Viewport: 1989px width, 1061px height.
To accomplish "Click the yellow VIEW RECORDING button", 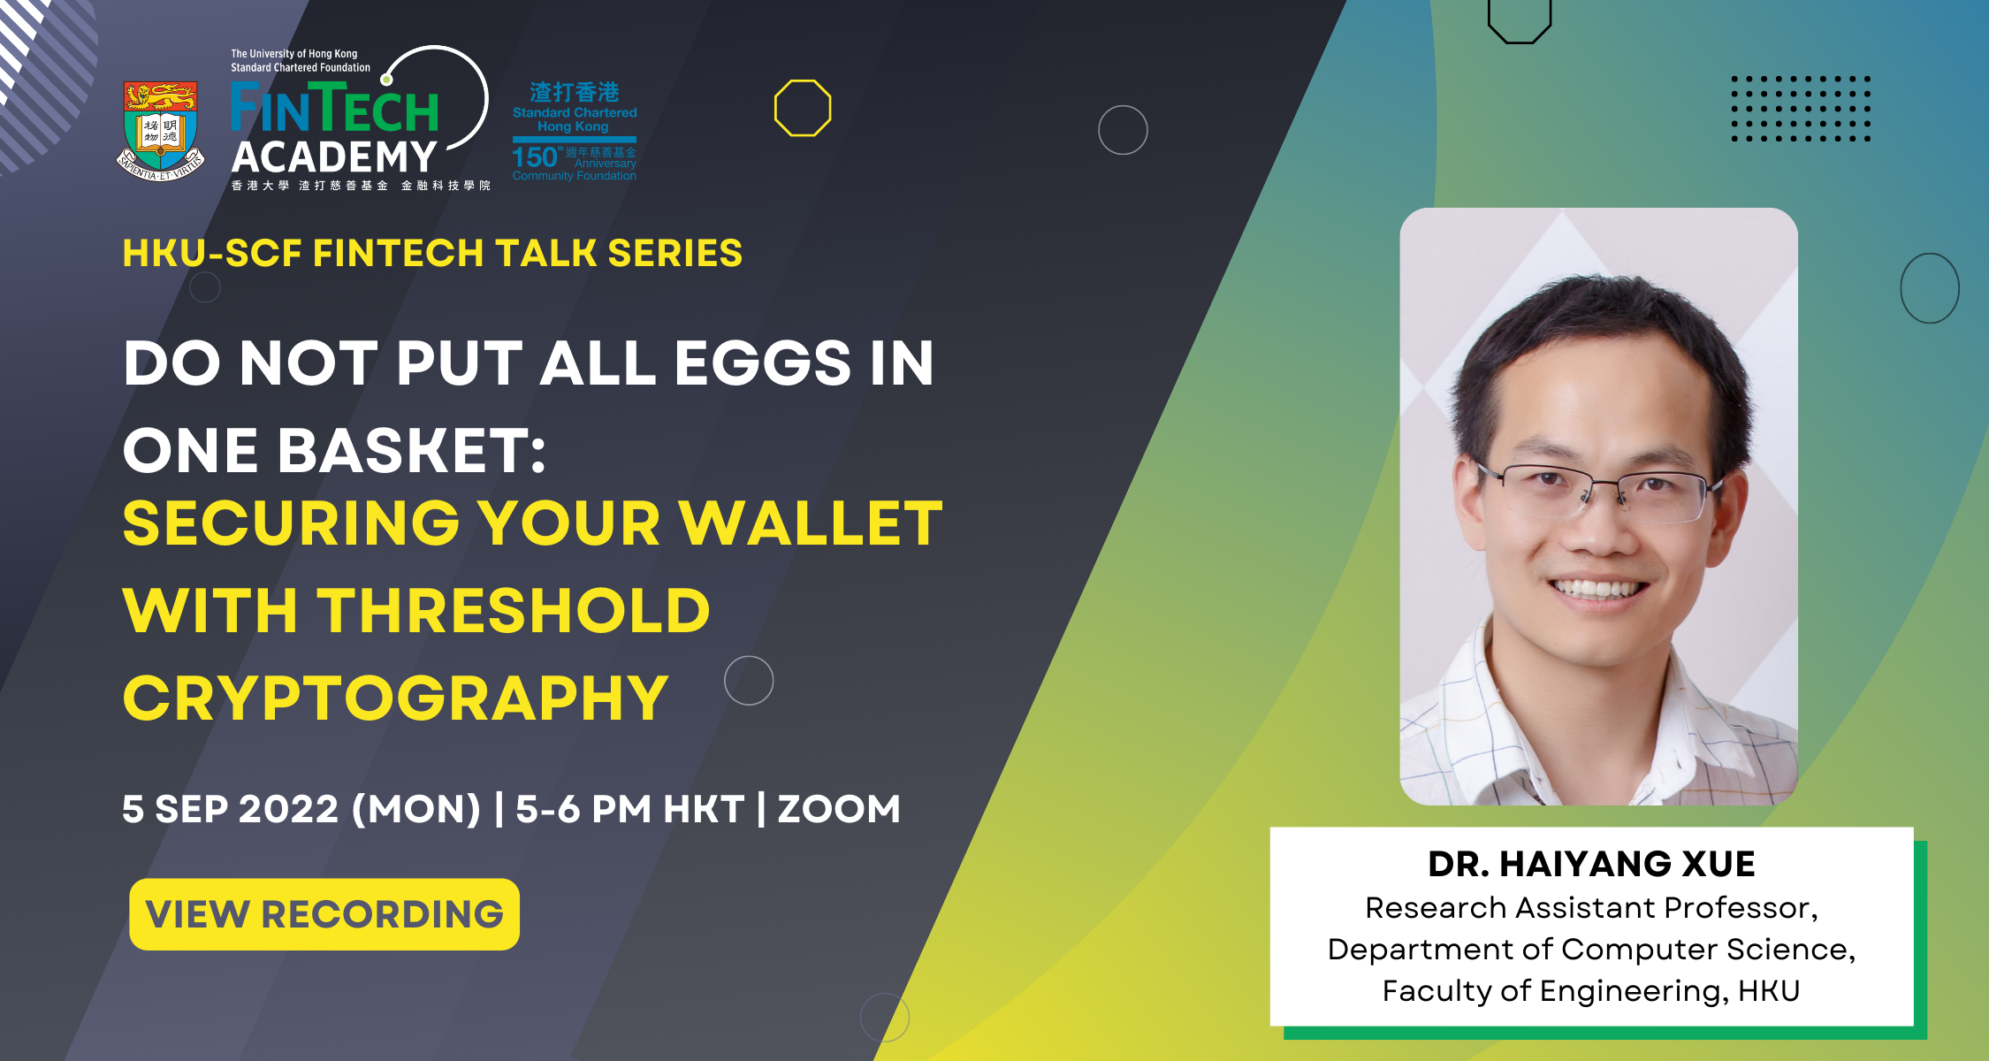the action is coord(324,914).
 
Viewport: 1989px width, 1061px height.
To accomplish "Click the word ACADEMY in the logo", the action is coord(334,157).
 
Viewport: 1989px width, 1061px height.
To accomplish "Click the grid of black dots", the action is coord(1801,109).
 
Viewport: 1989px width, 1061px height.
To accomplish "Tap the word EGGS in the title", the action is coord(763,363).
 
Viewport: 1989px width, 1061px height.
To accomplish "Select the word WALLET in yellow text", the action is coord(811,523).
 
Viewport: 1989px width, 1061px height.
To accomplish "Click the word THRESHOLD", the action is coord(514,611).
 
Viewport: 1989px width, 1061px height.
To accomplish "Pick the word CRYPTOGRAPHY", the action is coord(395,698).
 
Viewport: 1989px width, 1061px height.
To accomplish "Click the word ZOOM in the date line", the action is coord(839,809).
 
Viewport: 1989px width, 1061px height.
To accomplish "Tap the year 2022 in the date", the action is coord(289,809).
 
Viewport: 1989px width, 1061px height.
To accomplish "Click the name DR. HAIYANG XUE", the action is coord(1591,864).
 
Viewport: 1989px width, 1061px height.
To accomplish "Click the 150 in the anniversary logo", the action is coord(534,157).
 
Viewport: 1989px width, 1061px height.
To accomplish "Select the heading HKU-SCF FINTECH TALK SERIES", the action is coord(432,254).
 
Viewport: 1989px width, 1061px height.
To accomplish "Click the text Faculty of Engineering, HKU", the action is coord(1591,991).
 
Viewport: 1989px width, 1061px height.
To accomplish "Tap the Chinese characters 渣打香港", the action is coord(575,92).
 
